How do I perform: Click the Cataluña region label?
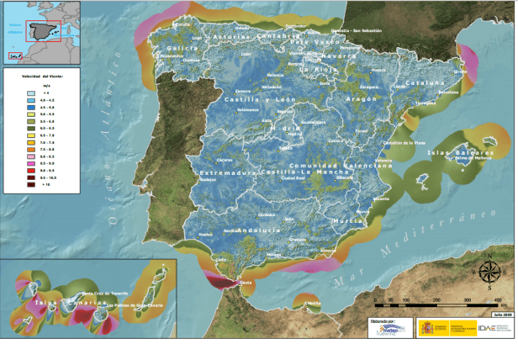(425, 84)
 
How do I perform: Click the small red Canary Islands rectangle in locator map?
(13, 56)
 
